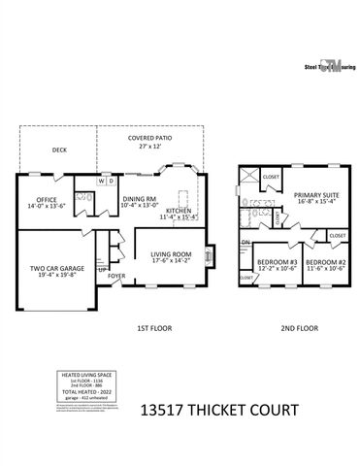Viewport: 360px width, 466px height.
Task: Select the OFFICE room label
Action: click(x=42, y=202)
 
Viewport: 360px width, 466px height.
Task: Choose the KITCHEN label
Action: click(x=180, y=213)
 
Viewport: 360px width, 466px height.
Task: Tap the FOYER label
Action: click(x=116, y=276)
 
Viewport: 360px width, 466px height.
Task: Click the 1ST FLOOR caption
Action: click(x=150, y=329)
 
